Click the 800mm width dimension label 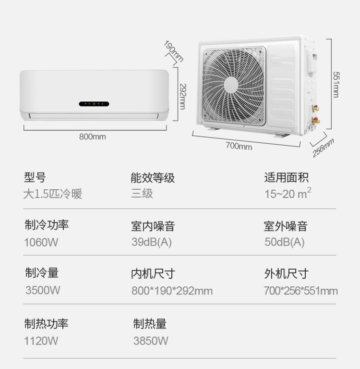tap(93, 137)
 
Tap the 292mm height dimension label tap(182, 97)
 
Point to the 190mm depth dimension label tap(174, 51)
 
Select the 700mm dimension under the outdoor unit tap(239, 146)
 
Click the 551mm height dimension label tap(336, 85)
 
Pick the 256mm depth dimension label tap(323, 148)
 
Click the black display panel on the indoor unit tap(94, 104)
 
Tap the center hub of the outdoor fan tap(231, 85)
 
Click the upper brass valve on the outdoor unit tap(315, 109)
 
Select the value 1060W tap(41, 242)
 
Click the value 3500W tap(43, 290)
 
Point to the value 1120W tap(41, 341)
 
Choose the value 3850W tap(151, 341)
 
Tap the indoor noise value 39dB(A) tap(152, 242)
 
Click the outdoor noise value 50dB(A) tap(285, 242)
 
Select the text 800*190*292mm tap(172, 291)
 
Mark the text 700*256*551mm tap(301, 291)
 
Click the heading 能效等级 tap(153, 178)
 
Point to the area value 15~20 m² tap(288, 194)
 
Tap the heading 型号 tap(35, 177)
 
